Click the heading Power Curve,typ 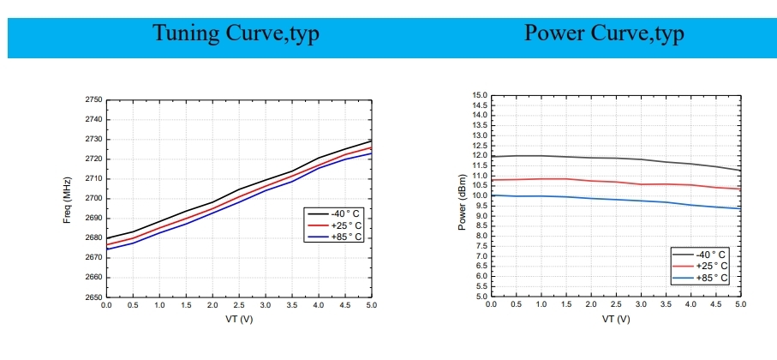604,33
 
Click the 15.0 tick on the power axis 479,95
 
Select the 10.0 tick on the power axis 479,196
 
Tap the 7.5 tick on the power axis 479,247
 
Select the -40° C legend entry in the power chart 710,255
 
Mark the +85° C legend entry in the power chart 710,278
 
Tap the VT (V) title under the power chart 616,319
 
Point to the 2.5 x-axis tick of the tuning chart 239,305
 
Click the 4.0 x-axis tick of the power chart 690,304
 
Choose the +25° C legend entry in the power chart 710,266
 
